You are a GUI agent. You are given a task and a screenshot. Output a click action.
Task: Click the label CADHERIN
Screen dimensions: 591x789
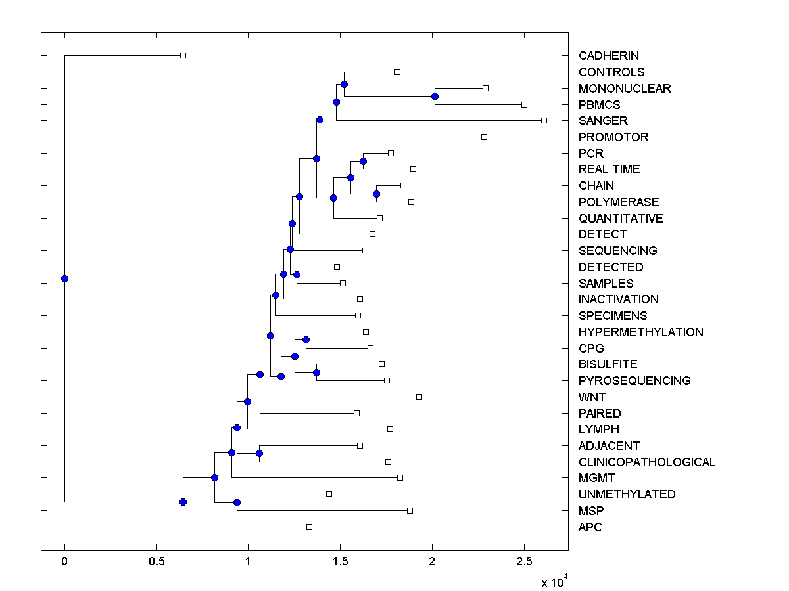pyautogui.click(x=608, y=56)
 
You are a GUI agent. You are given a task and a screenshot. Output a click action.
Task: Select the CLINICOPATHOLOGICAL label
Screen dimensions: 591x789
pyautogui.click(x=646, y=462)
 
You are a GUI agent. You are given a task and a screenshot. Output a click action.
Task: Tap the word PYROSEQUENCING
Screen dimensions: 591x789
pyautogui.click(x=634, y=381)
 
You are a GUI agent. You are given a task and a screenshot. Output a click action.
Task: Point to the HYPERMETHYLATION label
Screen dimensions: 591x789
pyautogui.click(x=640, y=332)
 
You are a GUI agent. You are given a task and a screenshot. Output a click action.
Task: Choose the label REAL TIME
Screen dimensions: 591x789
pyautogui.click(x=609, y=169)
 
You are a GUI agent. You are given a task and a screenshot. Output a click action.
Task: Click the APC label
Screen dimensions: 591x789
pyautogui.click(x=590, y=527)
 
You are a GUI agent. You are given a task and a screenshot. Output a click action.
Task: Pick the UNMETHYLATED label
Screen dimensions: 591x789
pyautogui.click(x=627, y=494)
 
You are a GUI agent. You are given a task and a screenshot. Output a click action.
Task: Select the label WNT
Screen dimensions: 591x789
pyautogui.click(x=592, y=397)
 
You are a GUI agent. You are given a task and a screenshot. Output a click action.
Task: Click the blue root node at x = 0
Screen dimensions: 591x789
pyautogui.click(x=64, y=278)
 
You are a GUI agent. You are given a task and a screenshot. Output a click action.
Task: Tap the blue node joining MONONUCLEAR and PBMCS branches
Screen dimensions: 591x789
pyautogui.click(x=435, y=97)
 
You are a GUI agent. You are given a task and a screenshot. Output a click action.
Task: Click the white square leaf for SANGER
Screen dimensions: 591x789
pyautogui.click(x=544, y=120)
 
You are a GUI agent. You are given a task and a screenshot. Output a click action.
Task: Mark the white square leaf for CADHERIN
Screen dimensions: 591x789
pyautogui.click(x=183, y=56)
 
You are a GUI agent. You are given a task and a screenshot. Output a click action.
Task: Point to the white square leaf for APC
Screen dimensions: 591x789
pyautogui.click(x=309, y=527)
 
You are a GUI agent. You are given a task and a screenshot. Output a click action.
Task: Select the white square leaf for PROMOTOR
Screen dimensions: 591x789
pyautogui.click(x=484, y=137)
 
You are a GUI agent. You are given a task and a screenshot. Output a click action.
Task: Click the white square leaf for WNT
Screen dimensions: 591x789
pyautogui.click(x=419, y=397)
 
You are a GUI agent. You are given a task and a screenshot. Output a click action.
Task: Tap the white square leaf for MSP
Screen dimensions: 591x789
pyautogui.click(x=410, y=510)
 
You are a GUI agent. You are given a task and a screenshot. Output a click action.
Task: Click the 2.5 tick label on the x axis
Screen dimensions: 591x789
pyautogui.click(x=523, y=562)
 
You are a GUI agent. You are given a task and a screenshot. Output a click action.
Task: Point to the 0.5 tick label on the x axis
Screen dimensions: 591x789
pyautogui.click(x=156, y=562)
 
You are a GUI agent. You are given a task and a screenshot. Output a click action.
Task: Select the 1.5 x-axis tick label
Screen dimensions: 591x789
pyautogui.click(x=340, y=562)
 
